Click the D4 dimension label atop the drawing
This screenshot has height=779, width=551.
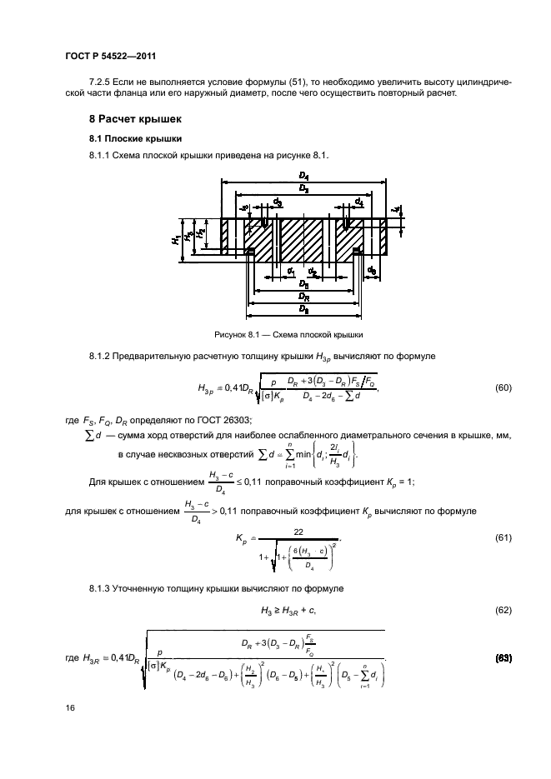pyautogui.click(x=304, y=177)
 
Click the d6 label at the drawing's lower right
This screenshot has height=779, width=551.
pyautogui.click(x=372, y=271)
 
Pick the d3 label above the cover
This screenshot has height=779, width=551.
pyautogui.click(x=278, y=202)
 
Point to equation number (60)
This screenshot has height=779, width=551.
pyautogui.click(x=503, y=388)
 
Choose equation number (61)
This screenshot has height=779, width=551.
pyautogui.click(x=503, y=538)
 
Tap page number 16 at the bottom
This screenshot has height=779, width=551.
pyautogui.click(x=71, y=707)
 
